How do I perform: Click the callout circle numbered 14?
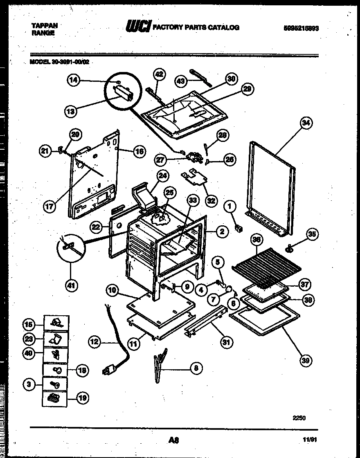(x=73, y=81)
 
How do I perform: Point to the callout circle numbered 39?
(x=305, y=360)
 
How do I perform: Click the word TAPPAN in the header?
(x=45, y=25)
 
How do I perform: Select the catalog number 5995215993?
(x=301, y=28)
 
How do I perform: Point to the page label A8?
(x=173, y=440)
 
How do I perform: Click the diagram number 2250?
(x=299, y=418)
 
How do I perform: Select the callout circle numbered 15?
(x=28, y=325)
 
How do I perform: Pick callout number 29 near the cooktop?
(x=248, y=89)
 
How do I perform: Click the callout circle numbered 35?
(x=313, y=234)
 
